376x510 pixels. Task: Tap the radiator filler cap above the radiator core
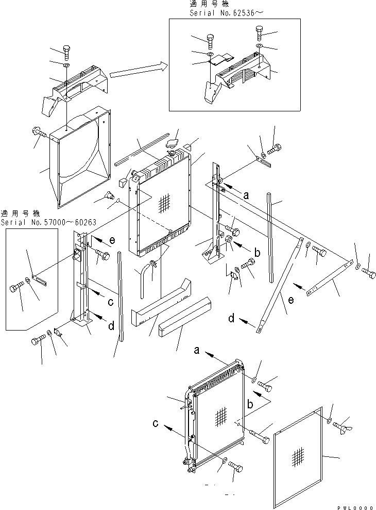coord(173,143)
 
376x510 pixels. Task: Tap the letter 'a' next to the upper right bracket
coord(246,195)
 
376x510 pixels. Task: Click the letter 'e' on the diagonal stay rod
coord(291,300)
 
